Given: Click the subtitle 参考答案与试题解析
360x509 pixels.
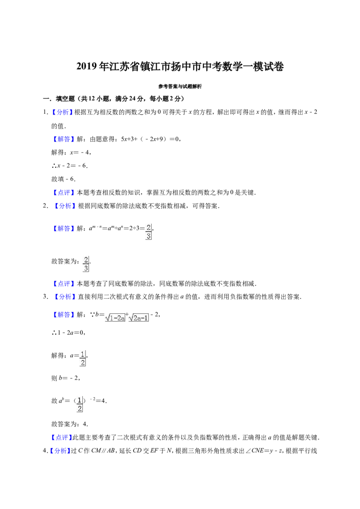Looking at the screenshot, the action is [x=180, y=86].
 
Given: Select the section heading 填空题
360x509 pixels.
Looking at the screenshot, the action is [x=65, y=98].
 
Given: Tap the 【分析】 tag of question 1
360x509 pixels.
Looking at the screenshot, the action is [x=61, y=112].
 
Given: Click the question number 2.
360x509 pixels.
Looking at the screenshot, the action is [x=45, y=206].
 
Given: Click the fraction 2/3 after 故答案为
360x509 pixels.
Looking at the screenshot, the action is [x=86, y=264].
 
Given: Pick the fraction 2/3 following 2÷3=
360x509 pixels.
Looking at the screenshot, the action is [x=148, y=232].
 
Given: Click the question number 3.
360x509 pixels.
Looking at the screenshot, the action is [x=45, y=297].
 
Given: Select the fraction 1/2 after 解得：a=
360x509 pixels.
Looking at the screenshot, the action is [x=82, y=358].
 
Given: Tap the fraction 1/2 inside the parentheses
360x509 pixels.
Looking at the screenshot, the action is [x=80, y=404].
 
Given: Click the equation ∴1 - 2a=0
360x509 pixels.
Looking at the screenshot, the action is [x=68, y=333].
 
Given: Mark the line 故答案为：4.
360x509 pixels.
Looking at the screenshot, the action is [x=70, y=424].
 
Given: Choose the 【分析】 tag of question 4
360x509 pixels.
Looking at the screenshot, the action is [x=59, y=451].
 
